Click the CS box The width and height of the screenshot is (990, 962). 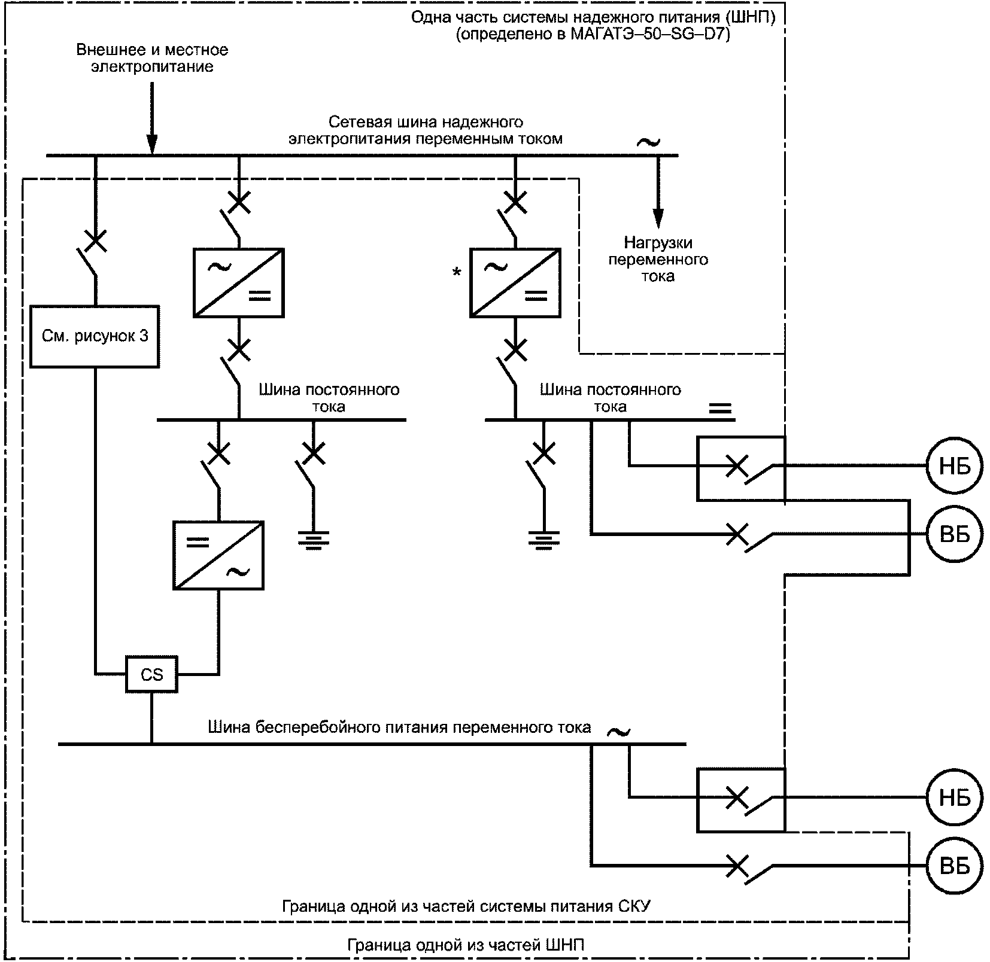tap(151, 674)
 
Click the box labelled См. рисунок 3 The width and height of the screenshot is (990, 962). tap(95, 336)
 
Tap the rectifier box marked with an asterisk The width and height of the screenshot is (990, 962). tap(515, 282)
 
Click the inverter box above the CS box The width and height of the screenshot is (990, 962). tap(218, 555)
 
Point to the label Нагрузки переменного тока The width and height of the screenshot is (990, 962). tap(658, 259)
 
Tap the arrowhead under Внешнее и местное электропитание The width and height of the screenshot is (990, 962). tap(152, 145)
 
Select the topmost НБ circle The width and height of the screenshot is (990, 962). tap(955, 465)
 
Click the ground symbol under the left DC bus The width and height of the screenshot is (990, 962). tap(314, 540)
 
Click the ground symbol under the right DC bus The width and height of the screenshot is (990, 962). tap(543, 540)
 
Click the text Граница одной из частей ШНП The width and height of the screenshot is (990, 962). tap(466, 945)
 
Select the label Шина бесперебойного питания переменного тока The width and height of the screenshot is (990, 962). tap(399, 727)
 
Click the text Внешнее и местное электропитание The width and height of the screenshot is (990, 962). tap(152, 57)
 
